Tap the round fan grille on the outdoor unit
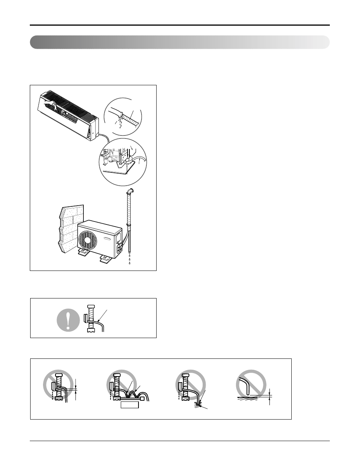click(88, 240)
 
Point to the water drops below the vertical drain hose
click(129, 260)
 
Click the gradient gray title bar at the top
click(180, 42)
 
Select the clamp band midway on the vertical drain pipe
click(129, 226)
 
